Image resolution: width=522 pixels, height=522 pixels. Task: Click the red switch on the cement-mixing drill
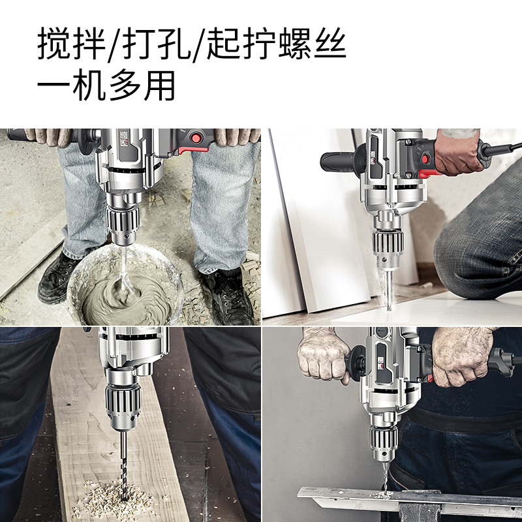(196, 138)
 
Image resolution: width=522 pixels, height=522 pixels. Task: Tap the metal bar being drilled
(405, 500)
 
